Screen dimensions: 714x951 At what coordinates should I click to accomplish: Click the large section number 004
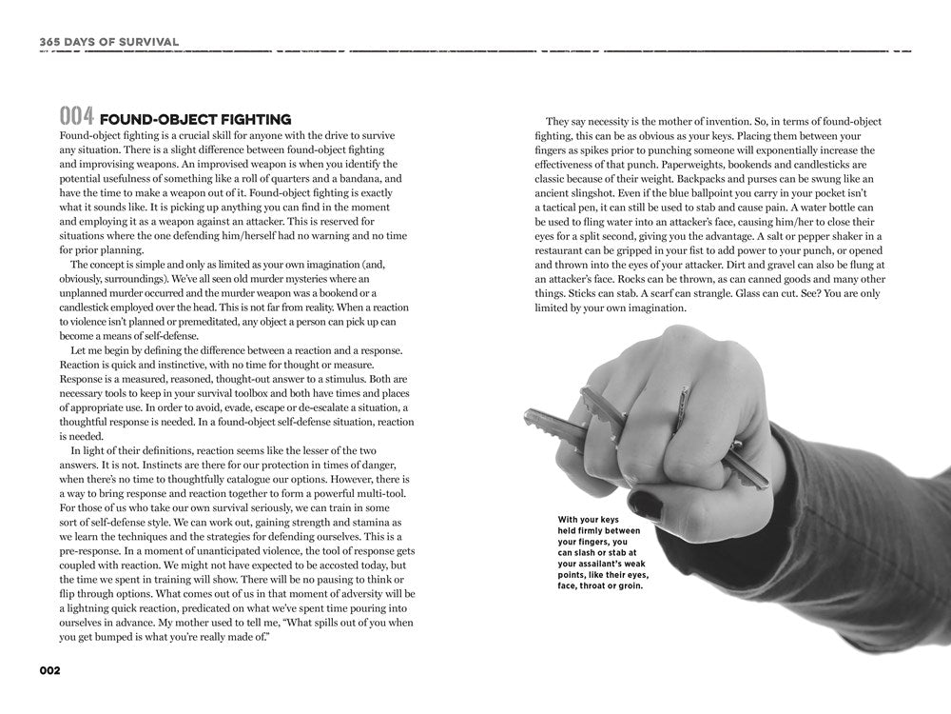[75, 118]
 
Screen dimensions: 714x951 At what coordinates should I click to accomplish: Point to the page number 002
[49, 670]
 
